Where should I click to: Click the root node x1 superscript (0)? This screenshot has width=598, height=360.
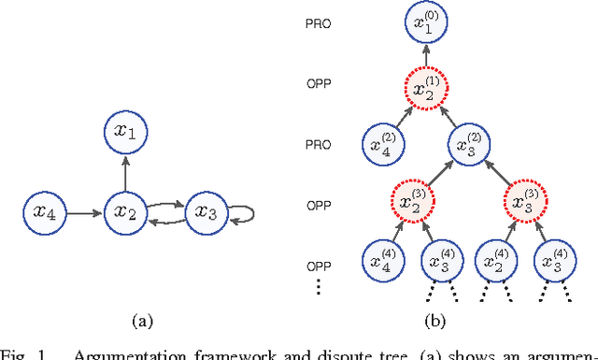tap(425, 25)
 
